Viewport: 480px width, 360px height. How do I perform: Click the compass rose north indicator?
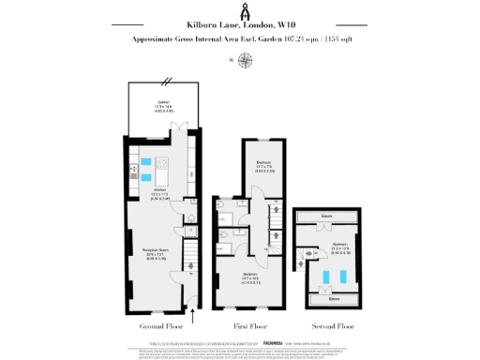click(x=245, y=62)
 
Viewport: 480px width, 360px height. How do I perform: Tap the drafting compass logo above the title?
click(x=240, y=11)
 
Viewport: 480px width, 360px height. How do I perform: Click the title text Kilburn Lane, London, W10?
click(x=239, y=28)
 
